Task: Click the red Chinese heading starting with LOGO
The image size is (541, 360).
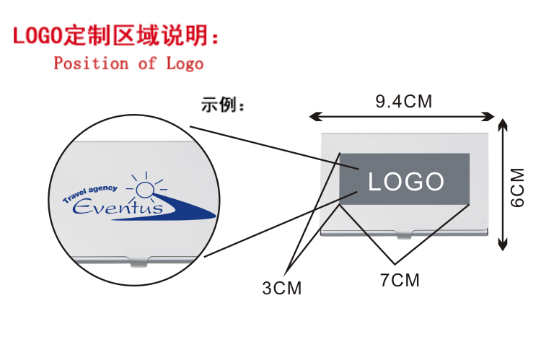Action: [x=115, y=35]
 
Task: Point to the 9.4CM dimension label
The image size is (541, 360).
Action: [x=403, y=102]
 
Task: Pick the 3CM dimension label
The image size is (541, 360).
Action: [x=281, y=289]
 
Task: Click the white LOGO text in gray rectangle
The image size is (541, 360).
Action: [x=406, y=182]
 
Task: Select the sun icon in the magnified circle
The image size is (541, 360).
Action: [x=146, y=189]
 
